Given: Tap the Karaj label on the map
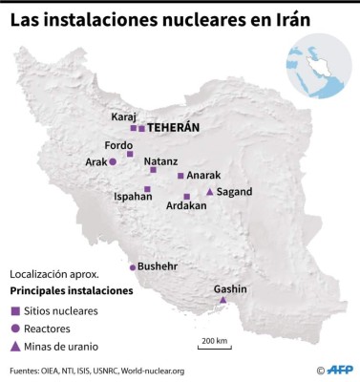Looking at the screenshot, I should coord(124,117).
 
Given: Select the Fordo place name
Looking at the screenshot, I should coord(118,145).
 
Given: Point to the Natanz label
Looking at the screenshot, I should coord(161,161).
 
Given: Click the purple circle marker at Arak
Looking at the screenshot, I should coord(113,163).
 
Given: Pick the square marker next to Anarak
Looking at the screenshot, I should coord(180,176).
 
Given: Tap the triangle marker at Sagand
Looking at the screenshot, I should coord(210,192).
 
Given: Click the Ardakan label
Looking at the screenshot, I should coord(186,205).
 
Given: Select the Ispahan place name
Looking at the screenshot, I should coord(134,196).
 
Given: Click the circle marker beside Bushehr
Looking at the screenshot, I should coord(133,267).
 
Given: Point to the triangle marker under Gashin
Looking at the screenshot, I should coord(222,302).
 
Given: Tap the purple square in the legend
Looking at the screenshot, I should coord(16,311).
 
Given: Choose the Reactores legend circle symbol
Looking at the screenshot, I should coord(16,329).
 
